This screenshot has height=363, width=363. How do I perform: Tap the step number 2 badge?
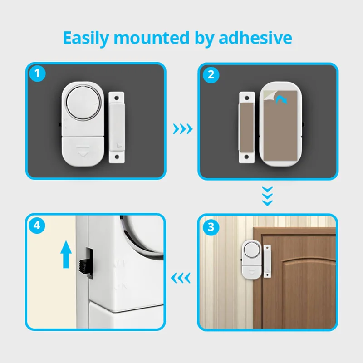pos(210,74)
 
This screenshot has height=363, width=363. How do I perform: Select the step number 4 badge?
pos(37,226)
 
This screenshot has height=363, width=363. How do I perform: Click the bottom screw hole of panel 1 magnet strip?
pos(117,157)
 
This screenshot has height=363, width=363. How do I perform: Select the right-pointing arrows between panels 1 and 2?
pos(183,129)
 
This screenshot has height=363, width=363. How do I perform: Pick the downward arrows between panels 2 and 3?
pos(269,196)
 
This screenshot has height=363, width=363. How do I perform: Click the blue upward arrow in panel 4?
pos(67,254)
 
